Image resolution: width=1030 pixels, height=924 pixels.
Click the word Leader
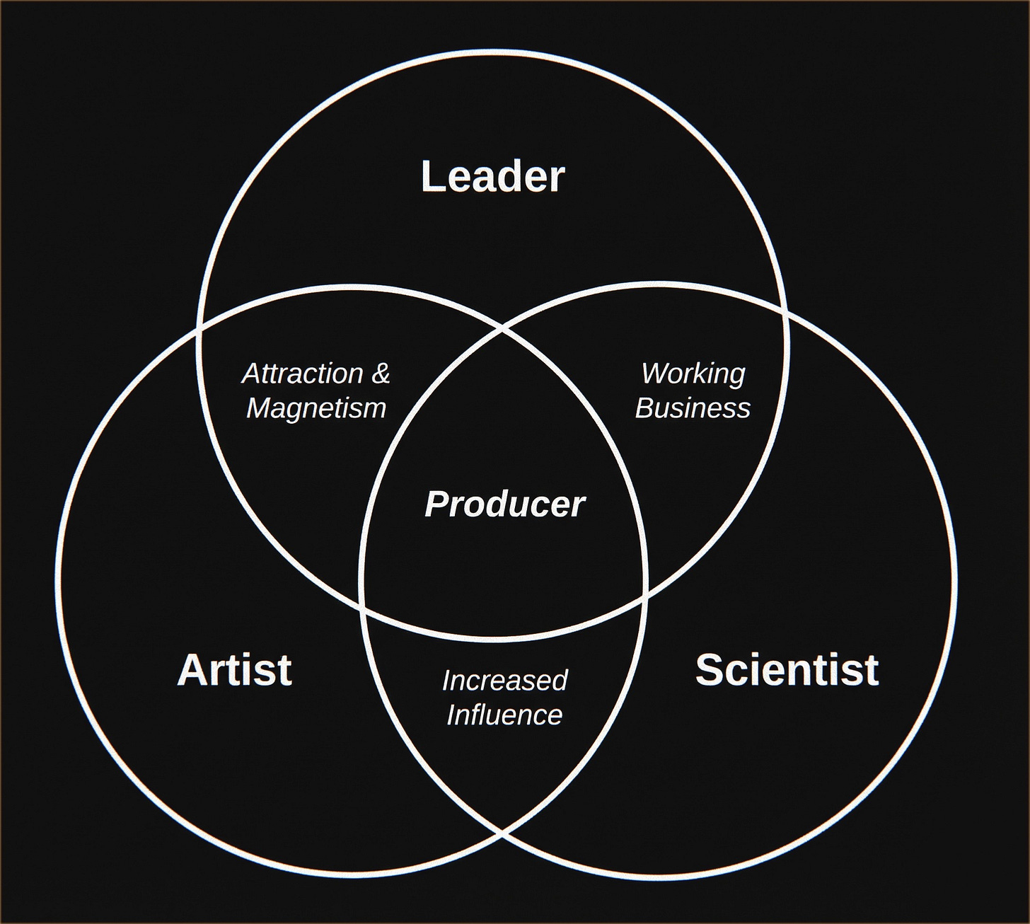coord(493,176)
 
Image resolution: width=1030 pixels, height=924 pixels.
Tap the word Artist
coord(234,669)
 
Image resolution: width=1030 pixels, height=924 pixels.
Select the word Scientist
coord(787,669)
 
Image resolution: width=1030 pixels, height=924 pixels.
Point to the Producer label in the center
coord(504,504)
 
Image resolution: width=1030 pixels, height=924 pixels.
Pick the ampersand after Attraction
coord(380,373)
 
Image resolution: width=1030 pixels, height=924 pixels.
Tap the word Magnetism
coord(316,408)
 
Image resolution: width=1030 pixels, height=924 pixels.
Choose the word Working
coord(693,373)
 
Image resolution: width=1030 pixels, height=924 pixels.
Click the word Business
coord(693,408)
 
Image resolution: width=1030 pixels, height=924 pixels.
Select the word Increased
coord(504,680)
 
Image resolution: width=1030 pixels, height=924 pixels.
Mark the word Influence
coord(504,715)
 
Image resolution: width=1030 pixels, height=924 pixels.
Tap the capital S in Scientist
coord(710,669)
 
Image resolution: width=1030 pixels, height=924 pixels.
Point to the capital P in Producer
coord(435,504)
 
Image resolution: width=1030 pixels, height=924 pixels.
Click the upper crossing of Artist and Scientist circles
coord(504,328)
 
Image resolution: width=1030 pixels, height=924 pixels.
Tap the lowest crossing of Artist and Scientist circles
coord(504,833)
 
